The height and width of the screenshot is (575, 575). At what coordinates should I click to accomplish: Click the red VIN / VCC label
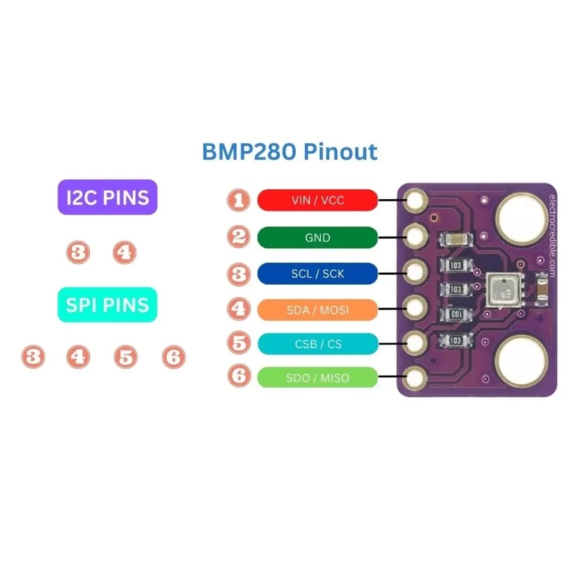pos(318,200)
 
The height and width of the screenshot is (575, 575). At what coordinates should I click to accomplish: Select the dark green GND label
pos(318,237)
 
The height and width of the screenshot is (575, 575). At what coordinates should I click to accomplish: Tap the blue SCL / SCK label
pos(318,274)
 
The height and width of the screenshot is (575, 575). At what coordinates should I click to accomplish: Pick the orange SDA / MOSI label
pos(318,309)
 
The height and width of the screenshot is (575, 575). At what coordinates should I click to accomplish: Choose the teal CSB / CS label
pos(318,344)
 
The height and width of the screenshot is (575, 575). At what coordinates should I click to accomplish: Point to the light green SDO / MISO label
pos(318,378)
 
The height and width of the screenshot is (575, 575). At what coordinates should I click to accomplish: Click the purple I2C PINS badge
pos(107,198)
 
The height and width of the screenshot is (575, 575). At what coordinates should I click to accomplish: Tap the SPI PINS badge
pos(107,305)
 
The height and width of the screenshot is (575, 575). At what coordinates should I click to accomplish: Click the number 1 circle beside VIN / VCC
pos(239,200)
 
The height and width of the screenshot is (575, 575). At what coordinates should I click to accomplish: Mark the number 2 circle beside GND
pos(239,237)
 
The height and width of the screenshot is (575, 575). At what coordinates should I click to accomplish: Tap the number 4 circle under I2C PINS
pos(124,252)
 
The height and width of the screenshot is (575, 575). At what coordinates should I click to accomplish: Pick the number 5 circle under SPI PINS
pos(126,356)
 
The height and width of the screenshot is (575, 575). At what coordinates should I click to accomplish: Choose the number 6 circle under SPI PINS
pos(173,356)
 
